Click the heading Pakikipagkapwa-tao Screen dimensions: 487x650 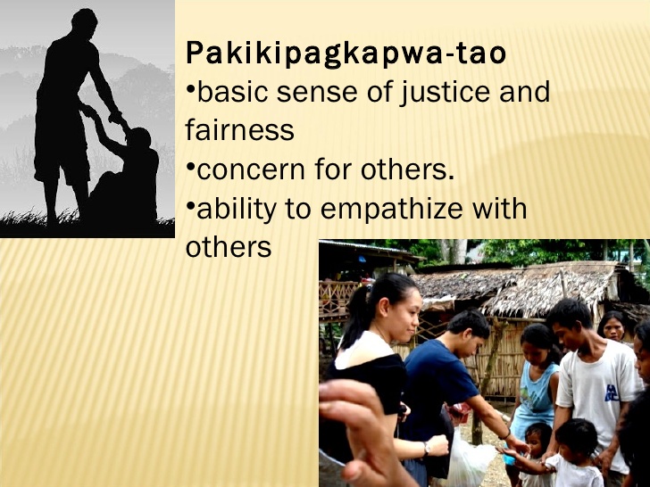click(346, 54)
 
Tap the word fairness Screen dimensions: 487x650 click(239, 130)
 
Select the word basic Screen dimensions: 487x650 click(231, 92)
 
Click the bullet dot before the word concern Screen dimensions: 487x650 click(189, 165)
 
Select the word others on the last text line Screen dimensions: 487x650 click(228, 247)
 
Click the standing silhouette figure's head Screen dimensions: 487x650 click(86, 21)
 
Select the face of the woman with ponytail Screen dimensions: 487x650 click(398, 308)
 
